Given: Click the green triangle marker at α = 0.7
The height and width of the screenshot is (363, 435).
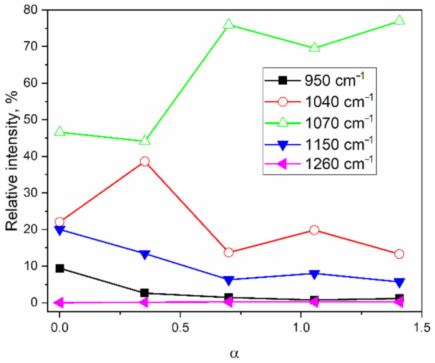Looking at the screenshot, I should click(x=228, y=25).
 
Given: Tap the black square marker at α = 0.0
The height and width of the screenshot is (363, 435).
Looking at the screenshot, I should click(x=59, y=268).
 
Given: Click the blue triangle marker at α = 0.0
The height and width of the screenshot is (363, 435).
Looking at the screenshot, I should click(x=59, y=229).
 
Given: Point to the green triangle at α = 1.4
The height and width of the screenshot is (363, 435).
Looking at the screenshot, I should click(x=399, y=20).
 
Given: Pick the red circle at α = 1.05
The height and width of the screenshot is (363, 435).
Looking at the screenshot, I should click(x=314, y=230).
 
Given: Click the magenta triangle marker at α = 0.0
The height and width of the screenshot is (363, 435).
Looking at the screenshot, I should click(x=59, y=302).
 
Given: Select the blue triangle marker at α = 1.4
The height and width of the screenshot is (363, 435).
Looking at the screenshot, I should click(x=399, y=282).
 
